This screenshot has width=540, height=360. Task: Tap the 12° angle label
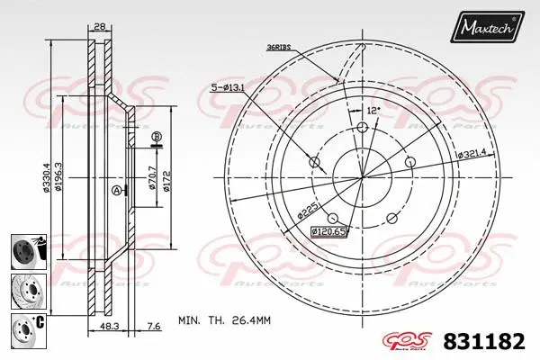coord(373,109)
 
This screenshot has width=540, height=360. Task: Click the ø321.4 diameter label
coord(472,155)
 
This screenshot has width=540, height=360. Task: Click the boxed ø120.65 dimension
coord(328,230)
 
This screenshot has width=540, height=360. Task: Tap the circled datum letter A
coord(116,191)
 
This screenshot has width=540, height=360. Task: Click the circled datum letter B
coord(157,137)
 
